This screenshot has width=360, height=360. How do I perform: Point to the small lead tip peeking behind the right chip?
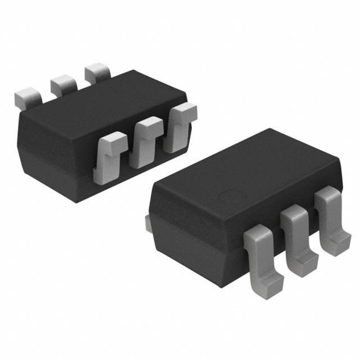point(148,224)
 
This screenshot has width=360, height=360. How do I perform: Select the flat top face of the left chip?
point(105,102)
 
